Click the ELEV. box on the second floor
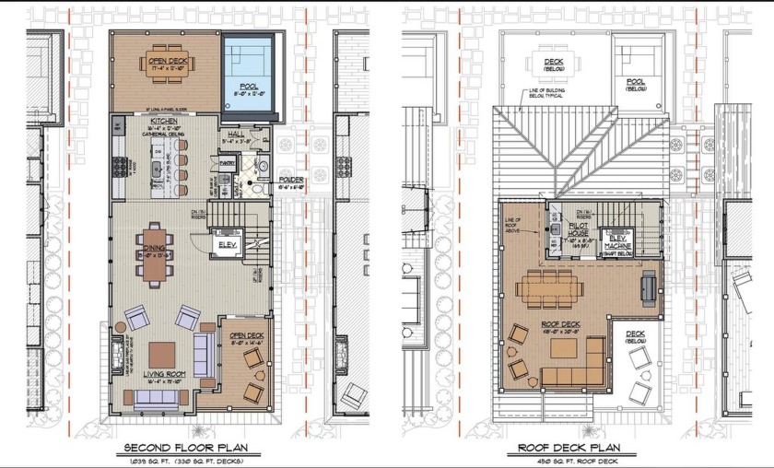(226, 244)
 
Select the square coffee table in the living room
(163, 353)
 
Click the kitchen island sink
(157, 169)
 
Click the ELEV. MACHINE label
(617, 241)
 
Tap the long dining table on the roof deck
(550, 288)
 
